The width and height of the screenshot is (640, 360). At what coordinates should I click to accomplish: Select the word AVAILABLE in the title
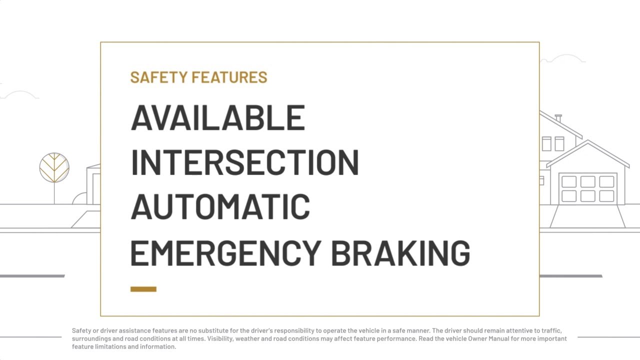coord(217,118)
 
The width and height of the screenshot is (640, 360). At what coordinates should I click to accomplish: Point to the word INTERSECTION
coord(244,163)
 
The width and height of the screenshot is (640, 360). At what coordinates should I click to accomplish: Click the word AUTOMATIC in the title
coord(220,207)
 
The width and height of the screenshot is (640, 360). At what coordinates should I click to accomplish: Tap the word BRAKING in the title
coord(400,252)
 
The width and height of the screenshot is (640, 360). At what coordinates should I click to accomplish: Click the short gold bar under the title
coord(143,289)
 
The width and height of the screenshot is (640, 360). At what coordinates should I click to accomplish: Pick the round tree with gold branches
coord(54,167)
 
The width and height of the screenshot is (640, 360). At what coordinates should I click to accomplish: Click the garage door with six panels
coord(587,188)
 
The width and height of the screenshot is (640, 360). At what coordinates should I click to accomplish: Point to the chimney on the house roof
coord(558,118)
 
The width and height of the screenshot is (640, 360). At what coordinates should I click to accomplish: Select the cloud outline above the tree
coord(20,94)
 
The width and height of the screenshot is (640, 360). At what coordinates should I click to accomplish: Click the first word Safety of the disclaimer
coord(81,330)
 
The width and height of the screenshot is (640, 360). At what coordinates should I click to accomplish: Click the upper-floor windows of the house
coord(552,143)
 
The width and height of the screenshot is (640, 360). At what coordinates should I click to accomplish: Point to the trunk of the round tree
coord(54,193)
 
